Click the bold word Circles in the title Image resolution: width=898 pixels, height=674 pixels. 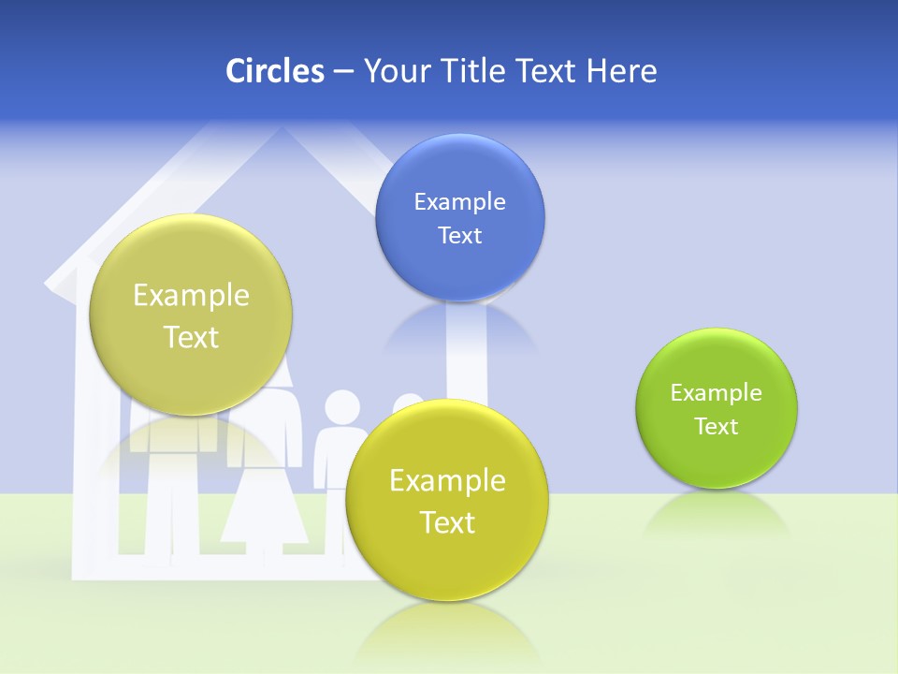[275, 70]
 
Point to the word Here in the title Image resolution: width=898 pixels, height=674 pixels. [622, 70]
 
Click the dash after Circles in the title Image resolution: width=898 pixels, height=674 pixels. [343, 72]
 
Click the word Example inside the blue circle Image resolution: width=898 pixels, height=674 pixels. [459, 202]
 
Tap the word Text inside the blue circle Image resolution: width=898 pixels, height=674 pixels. [459, 236]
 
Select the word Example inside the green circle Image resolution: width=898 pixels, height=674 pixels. [717, 393]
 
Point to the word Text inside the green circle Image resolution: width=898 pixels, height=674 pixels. [717, 427]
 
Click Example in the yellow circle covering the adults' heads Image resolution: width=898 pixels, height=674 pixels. [191, 296]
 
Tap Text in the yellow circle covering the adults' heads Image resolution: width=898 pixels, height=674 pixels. [191, 337]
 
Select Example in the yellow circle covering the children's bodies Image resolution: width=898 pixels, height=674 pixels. [447, 481]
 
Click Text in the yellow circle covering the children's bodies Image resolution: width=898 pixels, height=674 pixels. [447, 522]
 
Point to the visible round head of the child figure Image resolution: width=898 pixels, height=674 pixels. [341, 408]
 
